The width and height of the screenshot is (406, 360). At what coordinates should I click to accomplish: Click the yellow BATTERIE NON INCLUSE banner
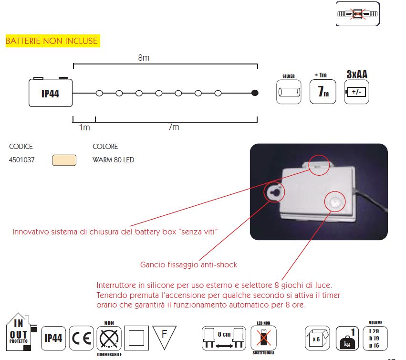click(x=53, y=41)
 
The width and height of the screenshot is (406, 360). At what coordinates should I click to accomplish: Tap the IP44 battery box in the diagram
click(x=51, y=93)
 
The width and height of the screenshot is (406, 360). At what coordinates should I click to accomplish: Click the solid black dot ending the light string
click(x=255, y=93)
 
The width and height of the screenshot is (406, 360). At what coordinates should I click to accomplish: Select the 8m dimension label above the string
click(x=144, y=58)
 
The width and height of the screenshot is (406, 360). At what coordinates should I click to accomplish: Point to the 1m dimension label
click(x=84, y=127)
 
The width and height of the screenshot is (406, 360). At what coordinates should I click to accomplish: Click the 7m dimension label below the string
click(x=174, y=127)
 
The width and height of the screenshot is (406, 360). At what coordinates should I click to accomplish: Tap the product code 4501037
click(x=22, y=159)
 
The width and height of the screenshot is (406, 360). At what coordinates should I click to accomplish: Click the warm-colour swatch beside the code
click(x=64, y=160)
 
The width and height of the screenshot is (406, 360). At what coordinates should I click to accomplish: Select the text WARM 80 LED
click(x=114, y=159)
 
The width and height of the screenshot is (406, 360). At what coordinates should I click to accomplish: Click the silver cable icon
click(x=289, y=92)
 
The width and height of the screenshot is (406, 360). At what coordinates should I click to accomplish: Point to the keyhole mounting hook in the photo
click(x=274, y=192)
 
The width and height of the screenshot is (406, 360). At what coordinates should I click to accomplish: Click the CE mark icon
click(x=82, y=338)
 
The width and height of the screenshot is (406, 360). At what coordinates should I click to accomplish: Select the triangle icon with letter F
click(x=165, y=337)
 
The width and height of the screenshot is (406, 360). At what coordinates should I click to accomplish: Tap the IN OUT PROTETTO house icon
click(x=20, y=332)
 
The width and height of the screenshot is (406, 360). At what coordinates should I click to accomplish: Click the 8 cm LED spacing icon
click(x=224, y=338)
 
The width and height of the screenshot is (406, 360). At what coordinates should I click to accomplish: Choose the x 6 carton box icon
click(x=317, y=338)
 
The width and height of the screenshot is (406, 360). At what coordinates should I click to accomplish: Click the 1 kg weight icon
click(x=347, y=338)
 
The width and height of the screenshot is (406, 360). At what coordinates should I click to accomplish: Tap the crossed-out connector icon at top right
click(x=358, y=14)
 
